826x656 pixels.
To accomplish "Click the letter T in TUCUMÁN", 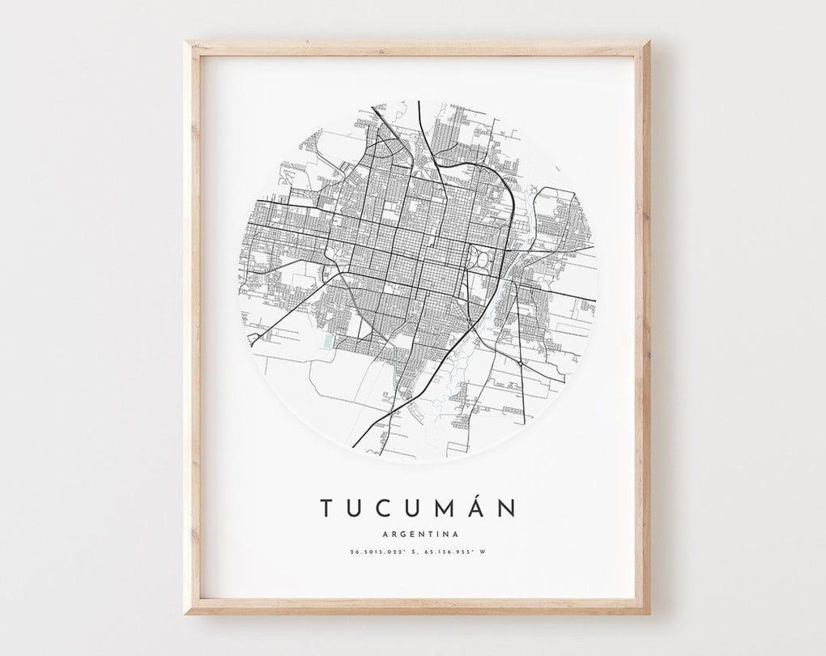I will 325,508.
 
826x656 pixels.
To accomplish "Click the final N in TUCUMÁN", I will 508,508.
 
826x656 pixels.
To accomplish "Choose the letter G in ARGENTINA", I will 396,534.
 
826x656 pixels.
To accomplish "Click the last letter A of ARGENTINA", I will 456,534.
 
